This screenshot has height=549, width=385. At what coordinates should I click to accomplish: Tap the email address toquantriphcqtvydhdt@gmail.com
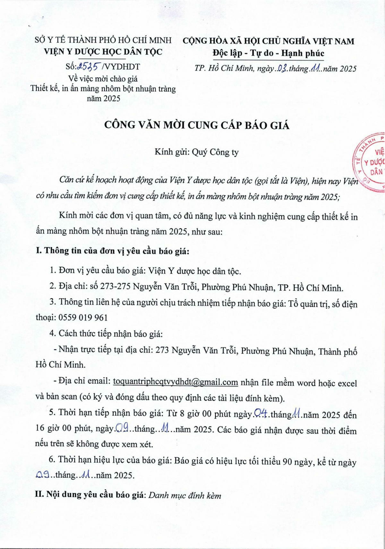175,382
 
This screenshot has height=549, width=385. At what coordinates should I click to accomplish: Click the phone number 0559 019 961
83,318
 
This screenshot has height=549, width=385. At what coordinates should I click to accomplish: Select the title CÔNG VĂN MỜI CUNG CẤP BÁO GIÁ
197,125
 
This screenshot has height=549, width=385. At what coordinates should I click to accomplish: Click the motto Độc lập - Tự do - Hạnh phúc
268,53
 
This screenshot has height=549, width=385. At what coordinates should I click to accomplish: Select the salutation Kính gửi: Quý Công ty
196,152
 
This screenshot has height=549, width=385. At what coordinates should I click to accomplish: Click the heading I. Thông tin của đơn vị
112,251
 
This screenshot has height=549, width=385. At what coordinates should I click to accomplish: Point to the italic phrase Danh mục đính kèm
185,495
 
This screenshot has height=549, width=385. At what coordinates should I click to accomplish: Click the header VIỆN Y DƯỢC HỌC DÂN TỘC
103,52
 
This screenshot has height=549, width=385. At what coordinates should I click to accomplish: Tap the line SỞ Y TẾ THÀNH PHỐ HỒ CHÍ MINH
103,40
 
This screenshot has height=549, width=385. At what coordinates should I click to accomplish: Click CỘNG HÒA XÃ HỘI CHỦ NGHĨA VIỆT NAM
268,41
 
